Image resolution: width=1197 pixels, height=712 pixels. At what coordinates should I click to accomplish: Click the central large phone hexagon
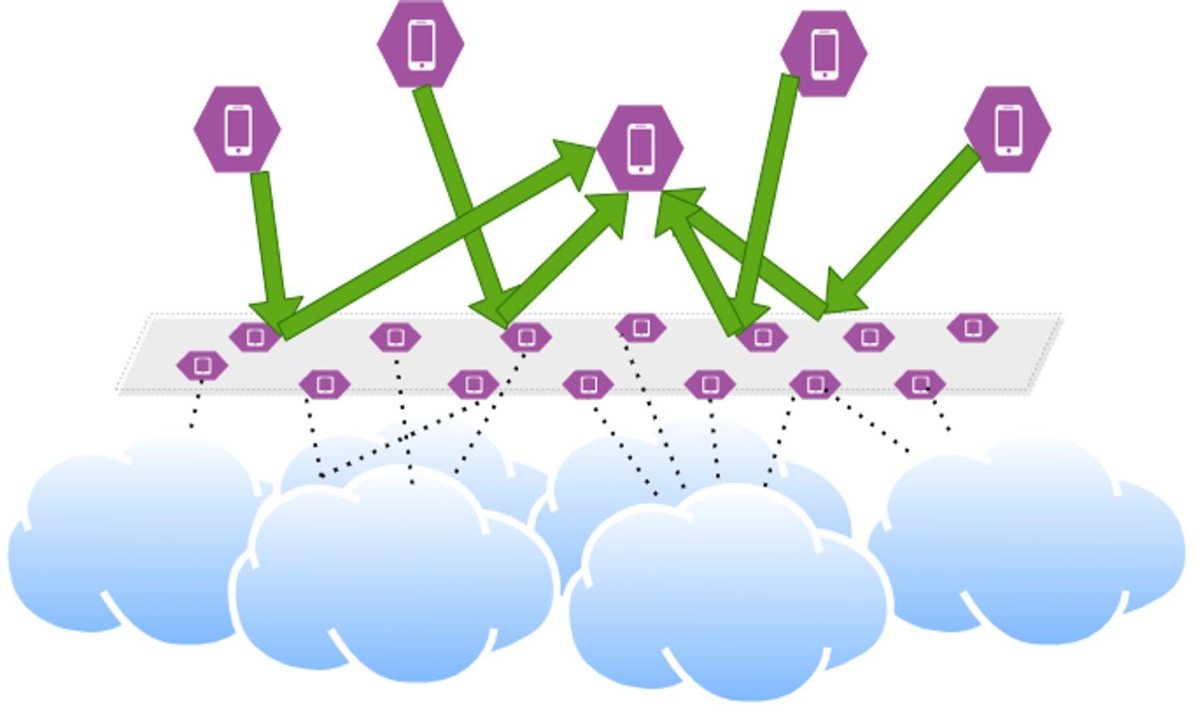tap(640, 148)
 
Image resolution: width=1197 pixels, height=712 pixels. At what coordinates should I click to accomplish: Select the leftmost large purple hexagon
tap(237, 129)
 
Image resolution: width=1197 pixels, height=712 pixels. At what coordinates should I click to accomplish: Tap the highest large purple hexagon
tap(421, 44)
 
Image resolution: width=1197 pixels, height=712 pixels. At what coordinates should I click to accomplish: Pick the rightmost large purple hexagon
tap(1007, 129)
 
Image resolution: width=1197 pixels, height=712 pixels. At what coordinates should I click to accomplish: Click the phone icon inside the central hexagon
tap(641, 148)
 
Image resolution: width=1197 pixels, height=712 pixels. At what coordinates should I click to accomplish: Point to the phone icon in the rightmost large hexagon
tap(1007, 129)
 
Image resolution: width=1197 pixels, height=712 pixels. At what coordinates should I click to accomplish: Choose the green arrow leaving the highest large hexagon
tap(456, 194)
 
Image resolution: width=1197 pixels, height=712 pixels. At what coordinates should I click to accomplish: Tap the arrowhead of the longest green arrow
tap(575, 157)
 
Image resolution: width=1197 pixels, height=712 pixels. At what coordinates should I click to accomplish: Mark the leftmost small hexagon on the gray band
tap(202, 366)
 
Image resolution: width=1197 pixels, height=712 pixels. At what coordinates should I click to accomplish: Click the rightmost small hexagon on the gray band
tap(973, 328)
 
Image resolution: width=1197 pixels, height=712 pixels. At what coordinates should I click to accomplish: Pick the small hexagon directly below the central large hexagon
tap(641, 328)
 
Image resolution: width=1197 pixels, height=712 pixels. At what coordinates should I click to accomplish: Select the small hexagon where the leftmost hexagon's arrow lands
tap(255, 337)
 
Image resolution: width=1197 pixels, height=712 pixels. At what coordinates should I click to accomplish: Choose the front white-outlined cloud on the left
tap(396, 573)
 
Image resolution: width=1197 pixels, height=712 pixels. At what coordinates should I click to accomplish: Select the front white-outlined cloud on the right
tap(726, 597)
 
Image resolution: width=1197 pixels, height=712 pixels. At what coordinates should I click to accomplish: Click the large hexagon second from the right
tap(823, 53)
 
